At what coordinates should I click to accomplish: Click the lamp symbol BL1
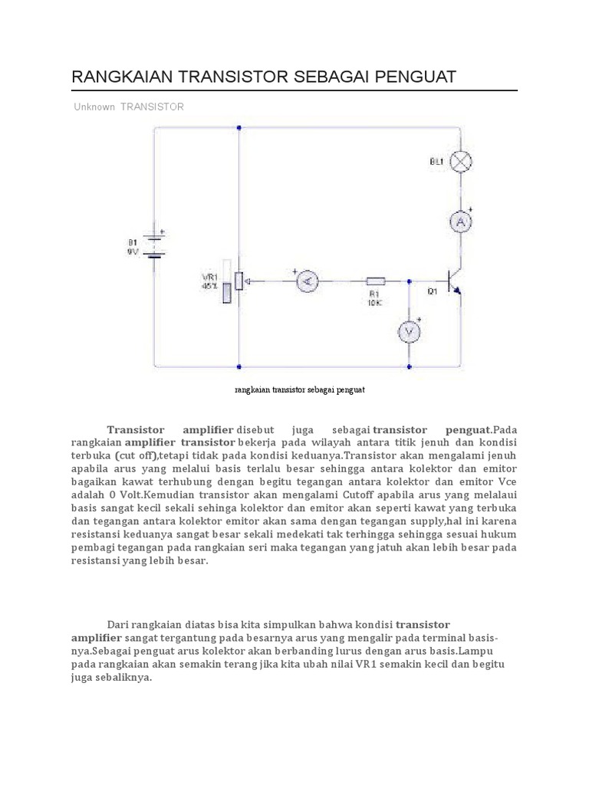click(460, 162)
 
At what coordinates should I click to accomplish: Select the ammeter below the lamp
click(460, 222)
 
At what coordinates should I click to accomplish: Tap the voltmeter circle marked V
click(409, 330)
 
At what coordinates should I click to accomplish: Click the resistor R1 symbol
click(375, 281)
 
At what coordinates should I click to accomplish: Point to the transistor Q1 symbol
click(456, 281)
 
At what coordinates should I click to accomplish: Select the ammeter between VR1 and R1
click(308, 281)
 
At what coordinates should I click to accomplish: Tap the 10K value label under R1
click(375, 304)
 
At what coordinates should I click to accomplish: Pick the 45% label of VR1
click(209, 286)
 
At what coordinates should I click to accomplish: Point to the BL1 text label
click(436, 162)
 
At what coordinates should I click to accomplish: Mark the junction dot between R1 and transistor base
click(409, 281)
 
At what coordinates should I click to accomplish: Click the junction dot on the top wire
click(239, 128)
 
